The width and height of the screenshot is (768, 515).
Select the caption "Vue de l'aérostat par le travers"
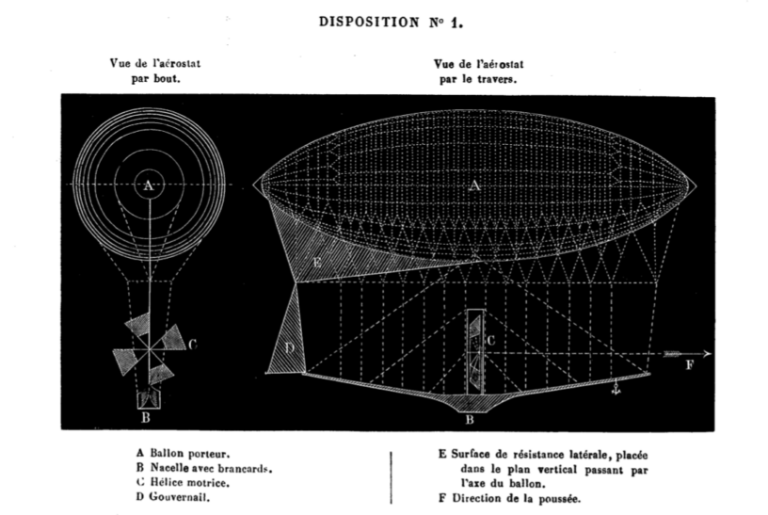[x=478, y=72]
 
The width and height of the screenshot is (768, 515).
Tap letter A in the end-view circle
[x=148, y=186]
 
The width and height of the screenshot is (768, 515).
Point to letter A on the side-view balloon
[x=474, y=186]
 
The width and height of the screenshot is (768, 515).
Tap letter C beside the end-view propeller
[x=191, y=345]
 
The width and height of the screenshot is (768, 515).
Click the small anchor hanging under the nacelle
[x=616, y=386]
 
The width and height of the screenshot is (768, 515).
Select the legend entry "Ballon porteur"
[x=184, y=452]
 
